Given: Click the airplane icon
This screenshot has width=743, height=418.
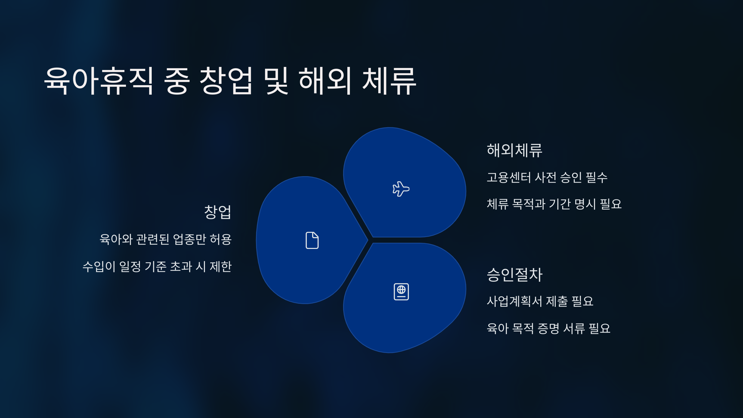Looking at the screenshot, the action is tap(401, 189).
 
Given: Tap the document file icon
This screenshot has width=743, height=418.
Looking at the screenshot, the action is tap(312, 240).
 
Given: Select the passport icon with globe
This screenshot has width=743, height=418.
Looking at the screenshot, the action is tap(401, 292).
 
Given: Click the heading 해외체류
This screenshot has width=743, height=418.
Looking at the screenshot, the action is tap(515, 150).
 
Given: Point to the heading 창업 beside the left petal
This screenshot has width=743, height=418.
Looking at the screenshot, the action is tap(218, 212).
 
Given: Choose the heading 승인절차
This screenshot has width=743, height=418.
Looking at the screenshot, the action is tap(515, 275).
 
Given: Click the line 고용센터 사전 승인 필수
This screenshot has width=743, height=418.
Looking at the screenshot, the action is tap(547, 178).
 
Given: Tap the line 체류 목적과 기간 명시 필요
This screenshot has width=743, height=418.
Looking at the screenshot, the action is tap(554, 204).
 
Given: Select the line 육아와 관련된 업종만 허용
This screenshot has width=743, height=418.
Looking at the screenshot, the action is tap(166, 239).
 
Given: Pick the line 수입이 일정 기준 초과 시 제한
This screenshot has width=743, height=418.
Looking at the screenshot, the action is tap(157, 267).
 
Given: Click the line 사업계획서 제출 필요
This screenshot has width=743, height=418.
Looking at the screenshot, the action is tap(540, 301).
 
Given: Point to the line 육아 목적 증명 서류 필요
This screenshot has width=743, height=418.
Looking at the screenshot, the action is tap(549, 329).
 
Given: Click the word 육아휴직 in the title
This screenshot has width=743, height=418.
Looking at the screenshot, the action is tap(99, 81).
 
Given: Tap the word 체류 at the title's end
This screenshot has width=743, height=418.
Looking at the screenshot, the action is tap(389, 81).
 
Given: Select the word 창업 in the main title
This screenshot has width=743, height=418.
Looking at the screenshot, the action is tap(226, 81).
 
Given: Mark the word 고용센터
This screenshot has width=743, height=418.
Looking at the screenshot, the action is tap(509, 178).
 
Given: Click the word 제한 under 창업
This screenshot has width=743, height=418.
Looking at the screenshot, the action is tap(221, 267).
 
